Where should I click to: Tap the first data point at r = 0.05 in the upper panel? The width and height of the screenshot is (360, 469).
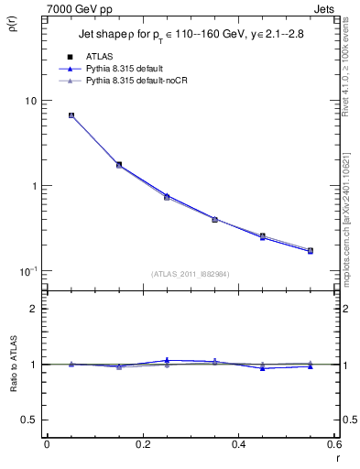(71, 115)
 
